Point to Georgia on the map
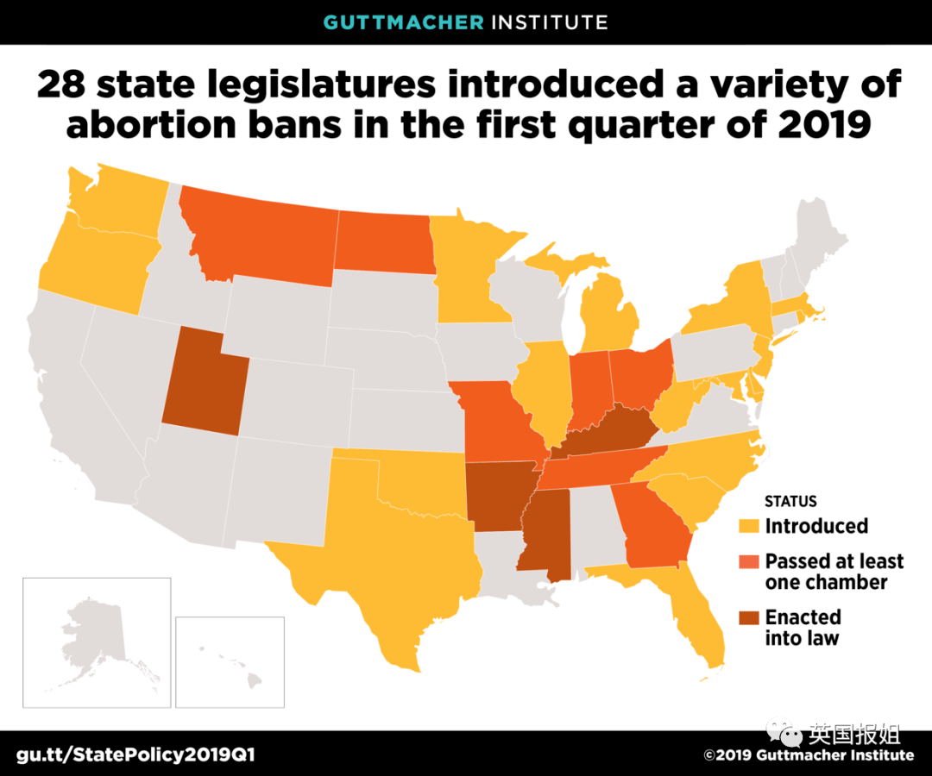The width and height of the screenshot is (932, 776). [656, 528]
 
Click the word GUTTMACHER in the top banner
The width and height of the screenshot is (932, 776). [402, 22]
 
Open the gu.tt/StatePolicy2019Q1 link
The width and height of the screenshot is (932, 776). [130, 755]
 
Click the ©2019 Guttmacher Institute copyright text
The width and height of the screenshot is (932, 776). [808, 755]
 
